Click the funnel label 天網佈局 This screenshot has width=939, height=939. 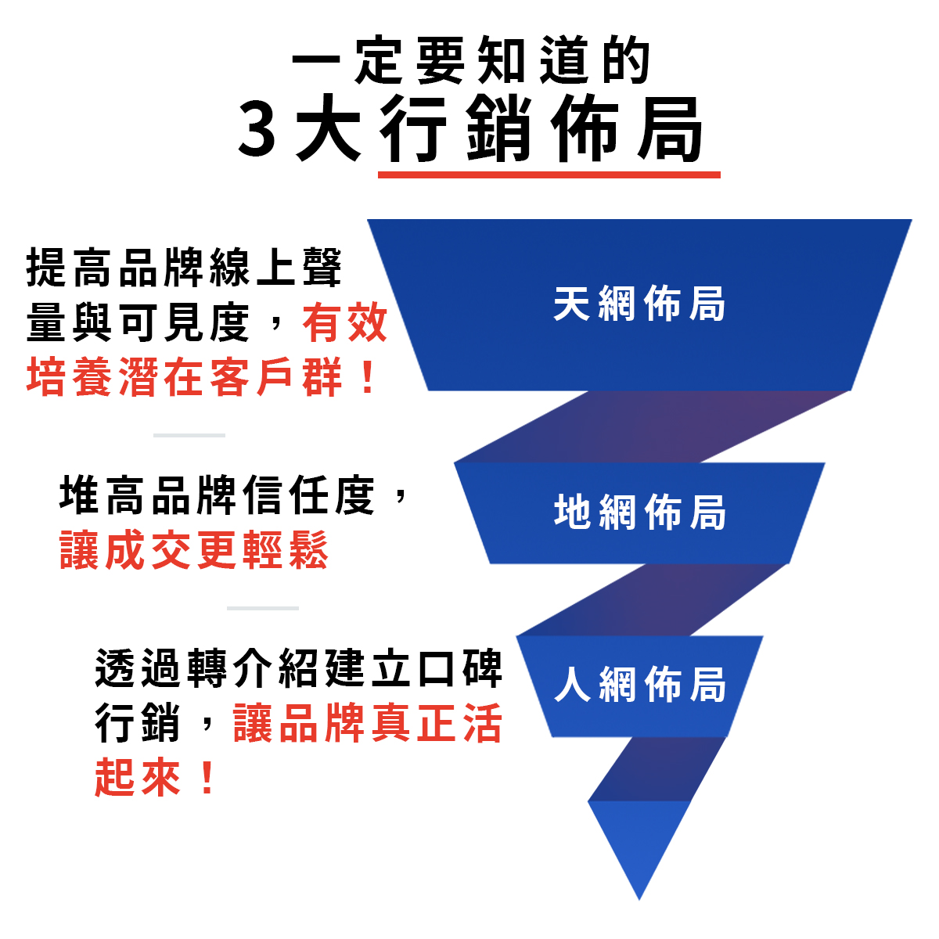[639, 304]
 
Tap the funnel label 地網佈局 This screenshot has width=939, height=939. [639, 513]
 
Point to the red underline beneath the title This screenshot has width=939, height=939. [549, 174]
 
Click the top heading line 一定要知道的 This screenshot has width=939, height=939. [472, 60]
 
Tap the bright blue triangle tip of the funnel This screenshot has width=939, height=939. [639, 849]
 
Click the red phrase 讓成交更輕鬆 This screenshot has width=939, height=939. [193, 550]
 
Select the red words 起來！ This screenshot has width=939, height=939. [155, 778]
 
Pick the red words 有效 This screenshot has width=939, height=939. [345, 323]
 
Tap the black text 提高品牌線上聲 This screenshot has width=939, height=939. [185, 268]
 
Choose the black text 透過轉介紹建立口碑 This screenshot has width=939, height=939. [298, 669]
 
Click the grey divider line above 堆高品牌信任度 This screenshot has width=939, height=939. [189, 435]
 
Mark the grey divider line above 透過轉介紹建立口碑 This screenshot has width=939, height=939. [263, 608]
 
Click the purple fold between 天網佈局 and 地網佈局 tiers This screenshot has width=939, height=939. [649, 426]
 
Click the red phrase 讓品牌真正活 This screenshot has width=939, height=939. [367, 724]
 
